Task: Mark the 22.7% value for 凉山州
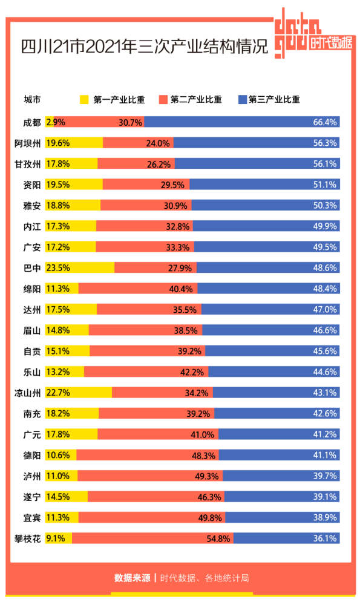[58, 393]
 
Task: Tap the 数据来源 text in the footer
[132, 578]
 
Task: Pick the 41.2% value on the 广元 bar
[325, 434]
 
